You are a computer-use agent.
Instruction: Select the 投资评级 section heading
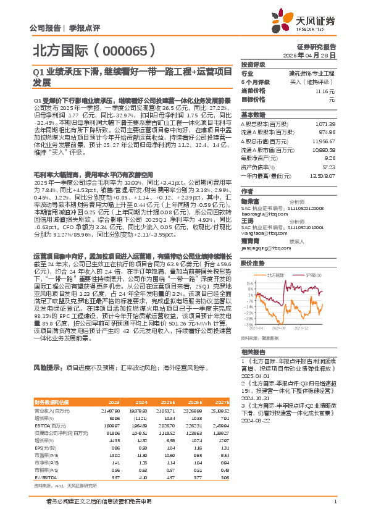253,64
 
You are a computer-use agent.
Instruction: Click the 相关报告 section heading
253,350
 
